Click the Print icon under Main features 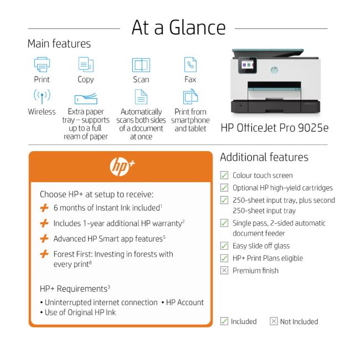(42, 64)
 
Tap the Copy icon (85, 64)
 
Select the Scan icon (141, 65)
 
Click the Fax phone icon (190, 64)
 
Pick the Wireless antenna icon (42, 96)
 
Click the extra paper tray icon (85, 99)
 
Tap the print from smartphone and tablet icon (190, 97)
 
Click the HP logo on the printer (274, 70)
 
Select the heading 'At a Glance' (178, 28)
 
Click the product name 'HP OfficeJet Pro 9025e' (274, 128)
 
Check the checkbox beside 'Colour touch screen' (224, 175)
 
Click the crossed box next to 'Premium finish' (224, 270)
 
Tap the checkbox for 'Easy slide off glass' (224, 246)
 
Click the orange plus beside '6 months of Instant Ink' (44, 208)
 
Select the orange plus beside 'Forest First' (44, 254)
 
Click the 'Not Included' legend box (274, 321)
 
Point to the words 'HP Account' (185, 302)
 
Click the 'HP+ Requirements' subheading (74, 289)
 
